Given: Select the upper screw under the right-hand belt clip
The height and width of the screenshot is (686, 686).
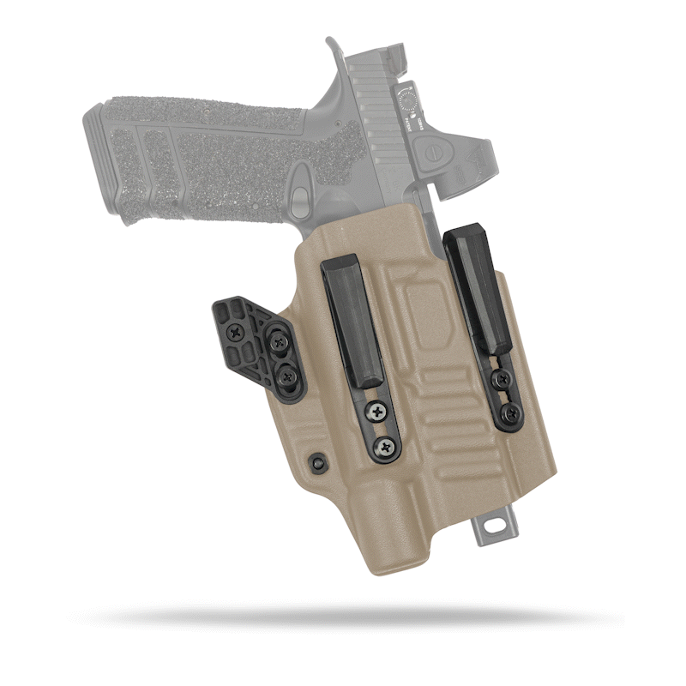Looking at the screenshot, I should coord(503,380).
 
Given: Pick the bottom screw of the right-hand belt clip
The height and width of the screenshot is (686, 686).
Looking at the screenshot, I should coord(511,414).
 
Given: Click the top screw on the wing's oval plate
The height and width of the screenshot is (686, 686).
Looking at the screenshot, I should coord(278,341).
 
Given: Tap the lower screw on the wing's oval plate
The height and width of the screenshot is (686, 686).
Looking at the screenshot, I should coord(287,374).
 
